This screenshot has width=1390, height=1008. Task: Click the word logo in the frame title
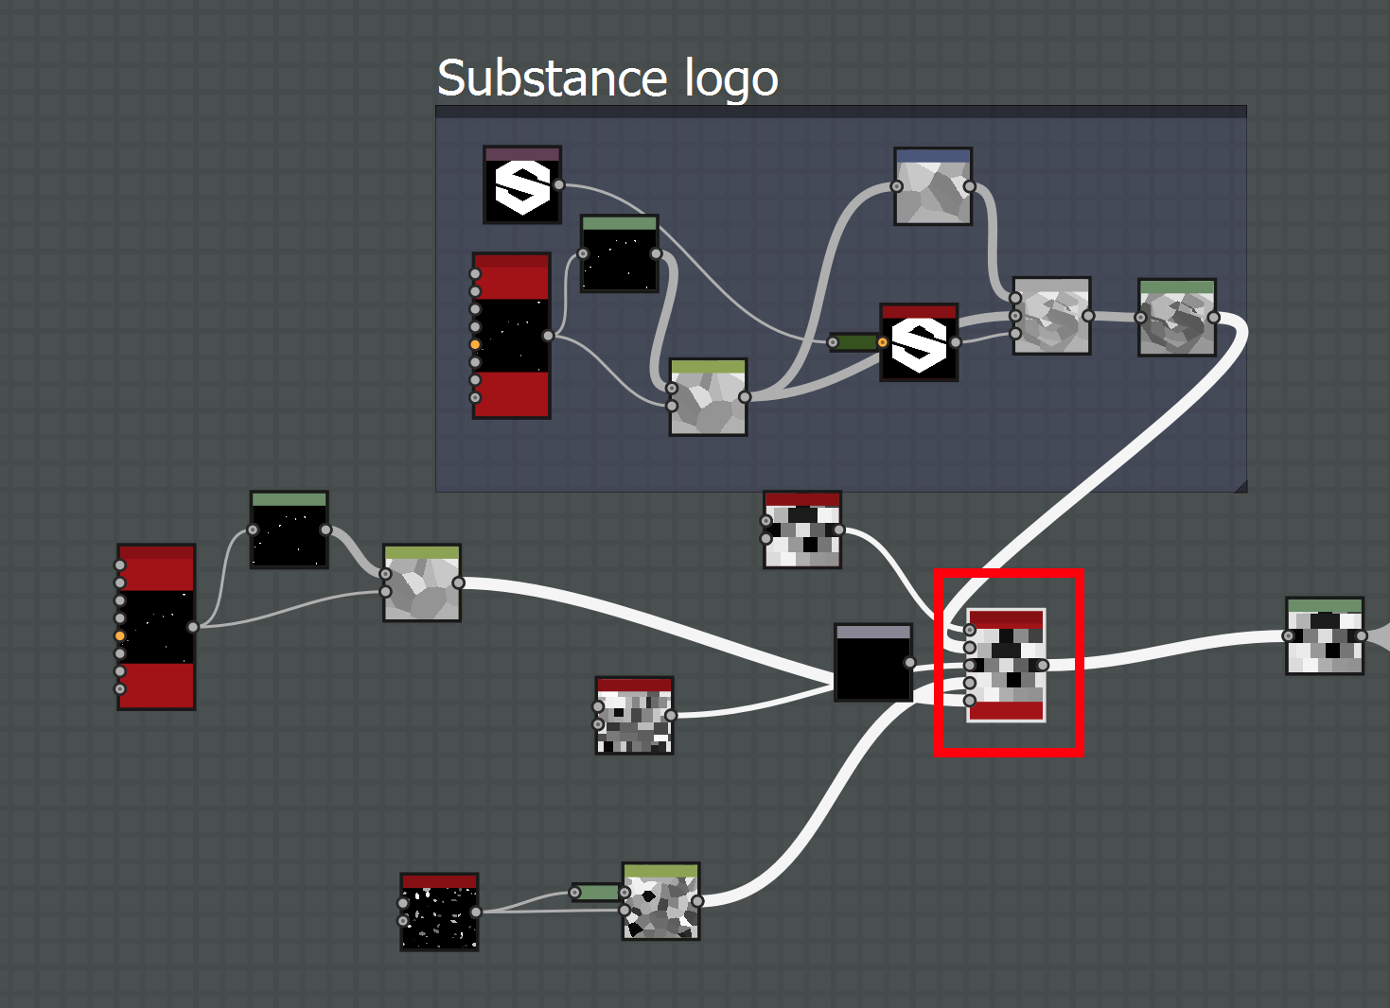click(730, 79)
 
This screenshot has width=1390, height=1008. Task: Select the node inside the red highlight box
click(1006, 665)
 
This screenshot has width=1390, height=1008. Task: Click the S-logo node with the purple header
click(522, 185)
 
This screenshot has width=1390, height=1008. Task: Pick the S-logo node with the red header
click(919, 342)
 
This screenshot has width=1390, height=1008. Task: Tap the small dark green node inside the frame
click(854, 342)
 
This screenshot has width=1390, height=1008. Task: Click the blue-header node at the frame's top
click(933, 186)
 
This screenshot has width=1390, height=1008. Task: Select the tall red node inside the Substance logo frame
click(512, 336)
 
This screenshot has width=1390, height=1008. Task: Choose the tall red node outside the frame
click(156, 627)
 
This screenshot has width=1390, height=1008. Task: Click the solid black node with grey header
click(873, 663)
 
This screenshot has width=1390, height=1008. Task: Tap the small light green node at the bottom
click(596, 893)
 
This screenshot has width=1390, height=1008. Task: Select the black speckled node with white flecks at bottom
click(439, 912)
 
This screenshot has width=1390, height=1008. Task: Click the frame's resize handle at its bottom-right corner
click(1240, 486)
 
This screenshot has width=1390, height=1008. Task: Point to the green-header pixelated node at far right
click(1325, 636)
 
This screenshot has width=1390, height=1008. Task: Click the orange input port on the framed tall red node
click(475, 344)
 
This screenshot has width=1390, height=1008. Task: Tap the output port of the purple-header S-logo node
click(559, 185)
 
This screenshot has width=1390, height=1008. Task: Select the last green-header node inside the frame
click(1177, 318)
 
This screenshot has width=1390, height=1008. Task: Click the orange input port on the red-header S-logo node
click(883, 342)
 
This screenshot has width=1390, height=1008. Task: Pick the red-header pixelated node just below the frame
click(802, 530)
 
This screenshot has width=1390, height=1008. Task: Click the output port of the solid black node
click(909, 663)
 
